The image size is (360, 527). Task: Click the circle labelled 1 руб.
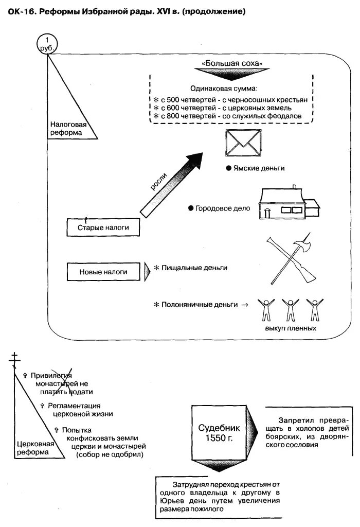(47, 43)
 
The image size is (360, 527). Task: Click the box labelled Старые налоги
(103, 227)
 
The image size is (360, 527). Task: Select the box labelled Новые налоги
(103, 272)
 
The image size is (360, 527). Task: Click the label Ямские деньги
(258, 168)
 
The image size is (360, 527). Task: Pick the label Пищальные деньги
(194, 268)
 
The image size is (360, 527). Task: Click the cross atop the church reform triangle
(16, 358)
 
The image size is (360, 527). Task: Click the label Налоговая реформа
(68, 128)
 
